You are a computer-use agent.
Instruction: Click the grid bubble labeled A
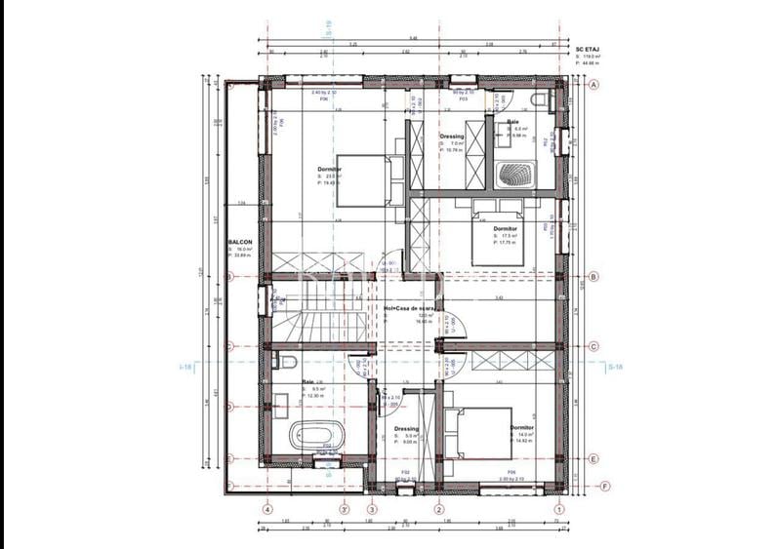(592, 85)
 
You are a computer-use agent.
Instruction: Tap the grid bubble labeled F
(604, 486)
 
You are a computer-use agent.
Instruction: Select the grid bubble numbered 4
(267, 508)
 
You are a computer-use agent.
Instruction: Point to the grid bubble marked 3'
(344, 508)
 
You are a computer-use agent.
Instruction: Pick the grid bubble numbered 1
(559, 508)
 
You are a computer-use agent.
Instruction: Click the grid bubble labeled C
(592, 346)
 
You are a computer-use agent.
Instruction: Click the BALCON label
(240, 242)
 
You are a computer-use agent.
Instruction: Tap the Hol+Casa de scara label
(408, 307)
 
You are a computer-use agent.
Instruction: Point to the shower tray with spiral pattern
(513, 176)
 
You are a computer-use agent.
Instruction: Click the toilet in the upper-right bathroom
(535, 100)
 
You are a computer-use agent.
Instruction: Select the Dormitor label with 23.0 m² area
(330, 169)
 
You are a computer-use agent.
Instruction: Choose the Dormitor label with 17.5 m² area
(504, 228)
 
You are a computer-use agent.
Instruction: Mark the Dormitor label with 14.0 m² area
(522, 427)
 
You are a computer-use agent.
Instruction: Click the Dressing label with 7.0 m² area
(451, 137)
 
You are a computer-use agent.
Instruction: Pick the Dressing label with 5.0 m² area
(406, 428)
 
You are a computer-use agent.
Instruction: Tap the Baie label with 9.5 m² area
(307, 382)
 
